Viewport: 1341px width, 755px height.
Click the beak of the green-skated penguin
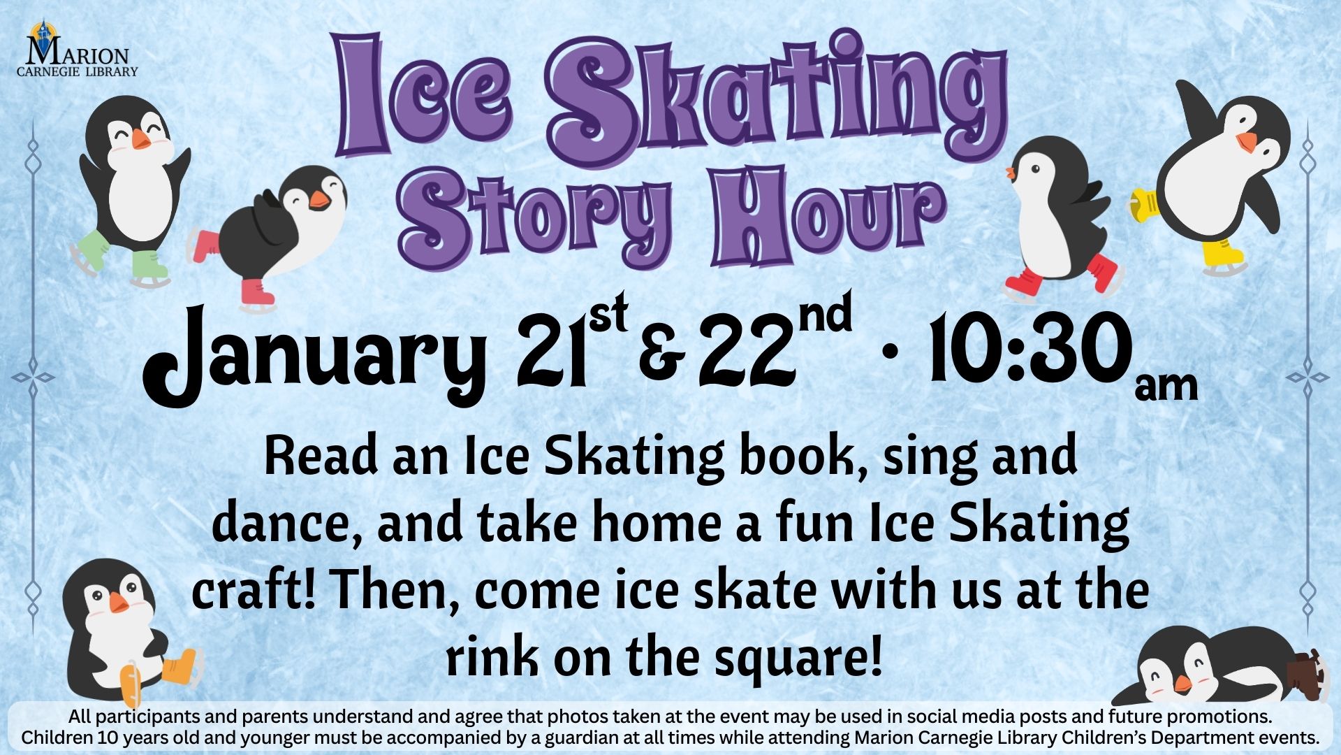coord(142,139)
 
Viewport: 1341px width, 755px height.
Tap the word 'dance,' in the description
coord(286,524)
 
